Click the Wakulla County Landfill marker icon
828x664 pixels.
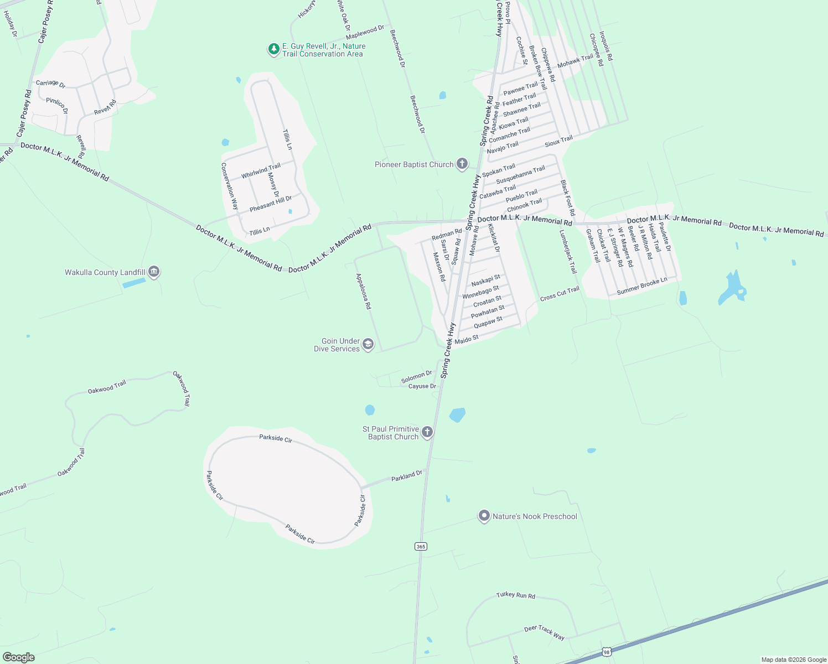pyautogui.click(x=154, y=272)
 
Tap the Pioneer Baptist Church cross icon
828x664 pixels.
pyautogui.click(x=462, y=164)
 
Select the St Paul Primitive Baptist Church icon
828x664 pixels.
pyautogui.click(x=427, y=432)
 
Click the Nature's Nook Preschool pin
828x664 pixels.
pyautogui.click(x=484, y=516)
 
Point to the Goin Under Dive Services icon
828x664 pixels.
pyautogui.click(x=368, y=345)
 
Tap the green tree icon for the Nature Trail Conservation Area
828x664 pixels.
pyautogui.click(x=273, y=50)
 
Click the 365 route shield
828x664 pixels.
pyautogui.click(x=421, y=547)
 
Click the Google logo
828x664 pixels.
pyautogui.click(x=18, y=657)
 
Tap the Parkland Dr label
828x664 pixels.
pyautogui.click(x=407, y=476)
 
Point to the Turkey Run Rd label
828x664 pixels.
pyautogui.click(x=516, y=595)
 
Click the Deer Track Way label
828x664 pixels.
pyautogui.click(x=545, y=633)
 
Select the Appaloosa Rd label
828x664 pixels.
pyautogui.click(x=364, y=291)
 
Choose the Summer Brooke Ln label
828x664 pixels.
pyautogui.click(x=642, y=286)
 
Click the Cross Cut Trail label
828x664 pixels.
pyautogui.click(x=560, y=294)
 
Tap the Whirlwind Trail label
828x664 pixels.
pyautogui.click(x=261, y=171)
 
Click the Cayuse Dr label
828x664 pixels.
pyautogui.click(x=422, y=386)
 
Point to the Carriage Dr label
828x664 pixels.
pyautogui.click(x=50, y=84)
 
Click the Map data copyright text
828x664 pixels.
pyautogui.click(x=794, y=660)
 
